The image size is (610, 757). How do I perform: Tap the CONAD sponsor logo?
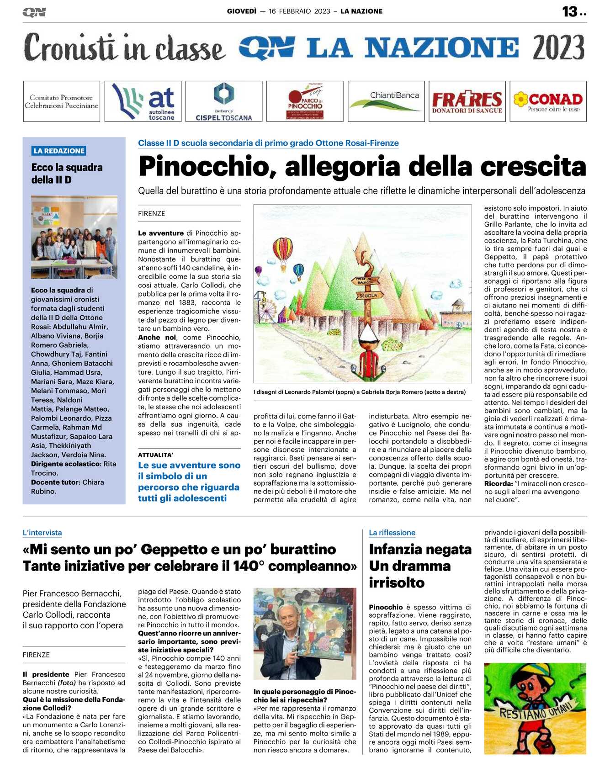548,101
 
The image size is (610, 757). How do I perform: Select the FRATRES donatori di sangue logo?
467,101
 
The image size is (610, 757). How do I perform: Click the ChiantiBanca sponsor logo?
386,101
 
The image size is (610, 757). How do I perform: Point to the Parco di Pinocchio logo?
305,101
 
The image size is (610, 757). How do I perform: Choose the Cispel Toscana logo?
223,101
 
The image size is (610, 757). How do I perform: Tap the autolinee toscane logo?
143,101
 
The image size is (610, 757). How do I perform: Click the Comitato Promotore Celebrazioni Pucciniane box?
61,101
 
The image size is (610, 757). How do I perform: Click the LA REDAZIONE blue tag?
59,151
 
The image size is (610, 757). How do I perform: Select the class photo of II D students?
74,237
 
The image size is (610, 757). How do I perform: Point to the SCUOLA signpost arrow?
367,296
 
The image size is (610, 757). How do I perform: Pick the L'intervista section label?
42,533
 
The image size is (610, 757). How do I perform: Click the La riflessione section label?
392,533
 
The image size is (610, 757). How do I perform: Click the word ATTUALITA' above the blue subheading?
155,455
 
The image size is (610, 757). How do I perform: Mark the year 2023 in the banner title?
558,48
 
